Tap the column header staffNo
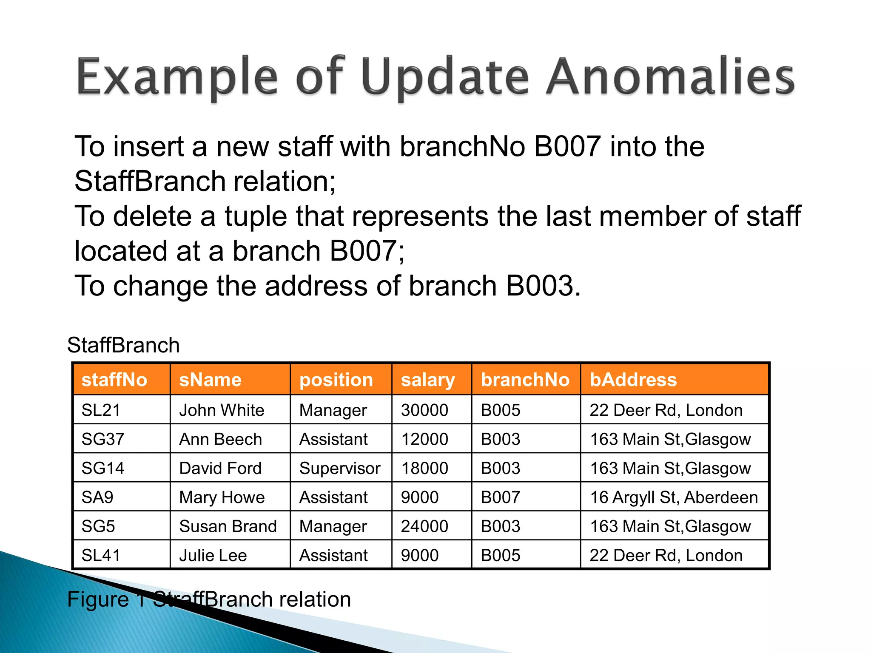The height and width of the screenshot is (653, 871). (114, 379)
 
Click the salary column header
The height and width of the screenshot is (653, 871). (427, 379)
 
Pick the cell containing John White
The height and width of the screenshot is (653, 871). (221, 410)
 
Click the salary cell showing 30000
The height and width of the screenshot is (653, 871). (424, 410)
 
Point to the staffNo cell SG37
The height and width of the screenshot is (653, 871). (102, 439)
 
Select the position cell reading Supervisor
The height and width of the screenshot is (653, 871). (339, 468)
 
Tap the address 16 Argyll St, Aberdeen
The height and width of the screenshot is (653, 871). (673, 497)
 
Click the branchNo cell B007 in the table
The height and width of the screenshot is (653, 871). (500, 497)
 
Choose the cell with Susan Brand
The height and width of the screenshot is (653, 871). (228, 526)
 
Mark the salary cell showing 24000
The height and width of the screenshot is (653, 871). (424, 526)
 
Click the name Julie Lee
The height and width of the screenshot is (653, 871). (213, 555)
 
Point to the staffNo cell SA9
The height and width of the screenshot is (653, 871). (97, 497)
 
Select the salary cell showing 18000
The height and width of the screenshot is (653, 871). (424, 468)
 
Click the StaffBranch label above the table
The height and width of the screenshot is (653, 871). (123, 345)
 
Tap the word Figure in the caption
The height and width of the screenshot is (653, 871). (98, 599)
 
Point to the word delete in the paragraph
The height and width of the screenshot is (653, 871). (152, 216)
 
